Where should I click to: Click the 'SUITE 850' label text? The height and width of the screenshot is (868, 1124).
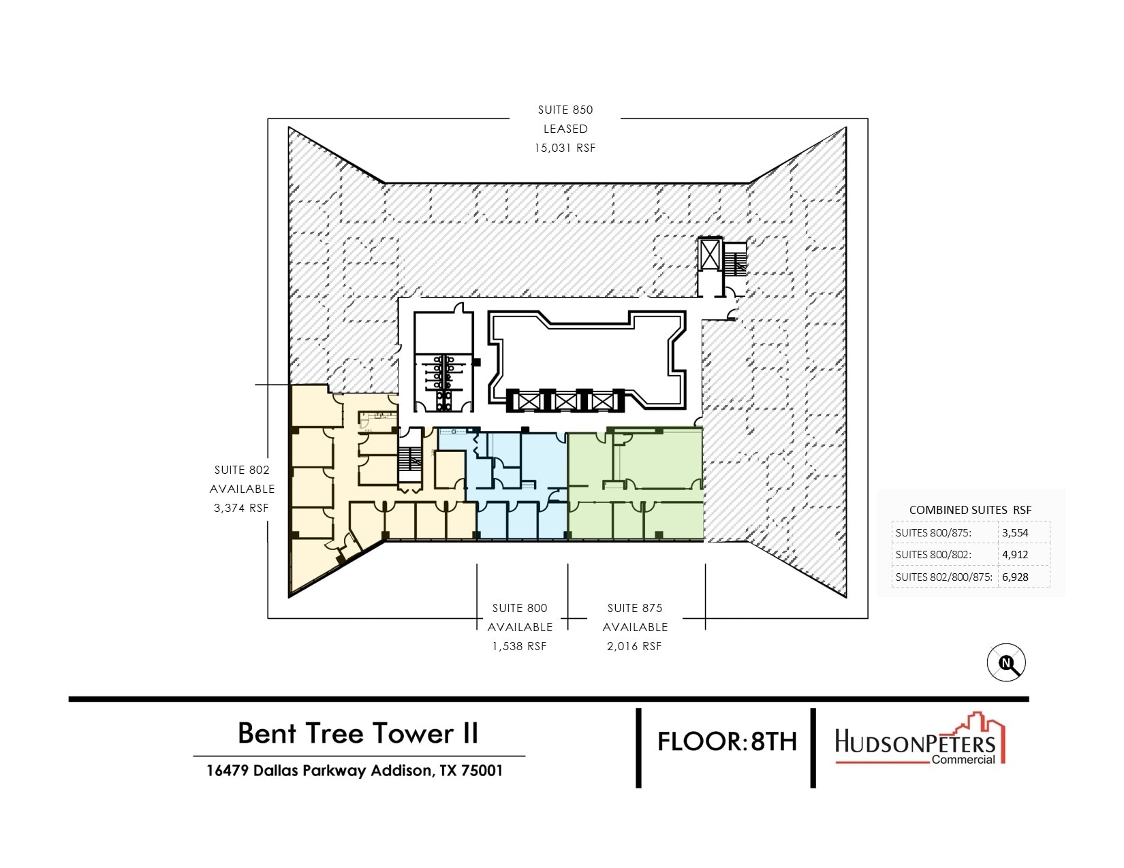(x=565, y=110)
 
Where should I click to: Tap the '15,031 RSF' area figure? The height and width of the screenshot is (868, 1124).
(x=565, y=148)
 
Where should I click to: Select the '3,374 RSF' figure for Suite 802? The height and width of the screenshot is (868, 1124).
(x=241, y=508)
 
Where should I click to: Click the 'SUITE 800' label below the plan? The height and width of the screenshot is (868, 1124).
(x=520, y=608)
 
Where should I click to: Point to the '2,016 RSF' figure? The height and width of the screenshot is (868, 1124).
(x=634, y=646)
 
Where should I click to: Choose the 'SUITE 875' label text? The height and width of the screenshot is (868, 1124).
(x=634, y=608)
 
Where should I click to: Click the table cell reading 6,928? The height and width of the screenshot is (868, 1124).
(x=1015, y=577)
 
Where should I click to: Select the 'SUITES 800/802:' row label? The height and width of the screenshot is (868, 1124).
(x=933, y=555)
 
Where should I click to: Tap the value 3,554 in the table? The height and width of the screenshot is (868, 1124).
(x=1015, y=533)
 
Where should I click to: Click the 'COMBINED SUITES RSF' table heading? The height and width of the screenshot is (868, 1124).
(x=970, y=510)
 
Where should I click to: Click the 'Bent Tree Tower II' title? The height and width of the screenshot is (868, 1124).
(x=358, y=733)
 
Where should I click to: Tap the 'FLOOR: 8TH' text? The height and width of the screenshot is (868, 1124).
(x=727, y=741)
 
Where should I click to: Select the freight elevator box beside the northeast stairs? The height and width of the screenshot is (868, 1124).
(x=710, y=257)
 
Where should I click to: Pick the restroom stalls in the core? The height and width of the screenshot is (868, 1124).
(x=443, y=381)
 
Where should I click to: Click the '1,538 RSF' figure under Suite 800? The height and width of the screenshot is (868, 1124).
(x=520, y=646)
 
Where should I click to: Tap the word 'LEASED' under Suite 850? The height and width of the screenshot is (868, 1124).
(x=565, y=129)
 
